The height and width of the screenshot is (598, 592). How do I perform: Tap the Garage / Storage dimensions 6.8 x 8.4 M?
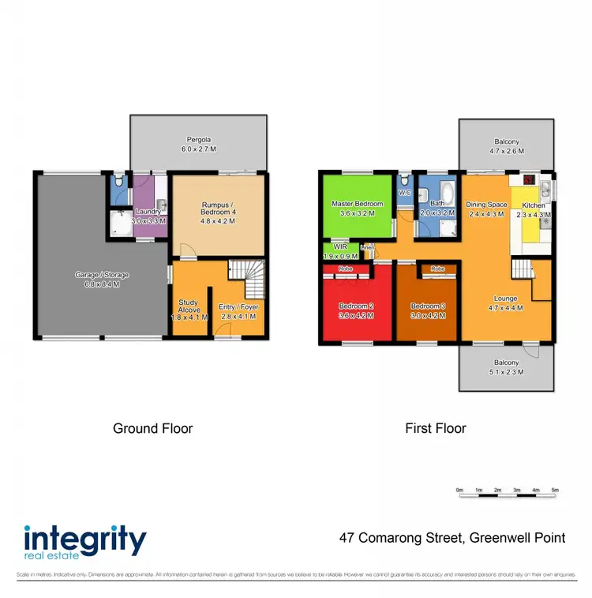(x=102, y=284)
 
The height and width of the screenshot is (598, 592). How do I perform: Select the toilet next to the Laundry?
(x=118, y=181)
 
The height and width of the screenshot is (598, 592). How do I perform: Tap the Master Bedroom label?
(x=357, y=204)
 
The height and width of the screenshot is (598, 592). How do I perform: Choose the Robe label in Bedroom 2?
(x=345, y=269)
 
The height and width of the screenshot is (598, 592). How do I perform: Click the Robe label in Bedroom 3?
(x=438, y=269)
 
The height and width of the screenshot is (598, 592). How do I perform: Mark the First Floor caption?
(x=436, y=429)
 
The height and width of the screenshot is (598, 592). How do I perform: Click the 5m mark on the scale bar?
(x=555, y=491)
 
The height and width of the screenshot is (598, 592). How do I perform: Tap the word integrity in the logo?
(x=85, y=541)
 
